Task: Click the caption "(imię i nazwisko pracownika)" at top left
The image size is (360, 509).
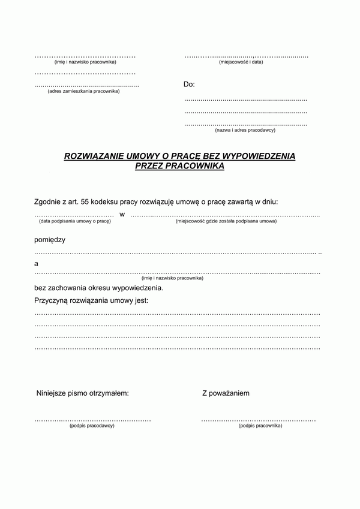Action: pos(85,62)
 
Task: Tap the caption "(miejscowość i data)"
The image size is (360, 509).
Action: pos(241,62)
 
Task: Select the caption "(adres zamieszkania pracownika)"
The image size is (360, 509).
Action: pos(83,91)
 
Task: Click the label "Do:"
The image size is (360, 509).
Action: pos(189,85)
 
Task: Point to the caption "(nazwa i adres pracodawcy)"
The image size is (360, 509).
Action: pos(245,129)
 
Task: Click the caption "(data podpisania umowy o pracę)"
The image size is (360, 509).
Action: pos(75,221)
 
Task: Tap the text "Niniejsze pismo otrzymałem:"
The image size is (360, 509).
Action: pos(82,394)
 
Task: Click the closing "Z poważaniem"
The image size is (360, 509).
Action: pos(226,394)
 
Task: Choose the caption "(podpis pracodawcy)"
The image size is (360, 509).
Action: pos(92,426)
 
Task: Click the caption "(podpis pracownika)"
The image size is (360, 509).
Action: pos(260,426)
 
